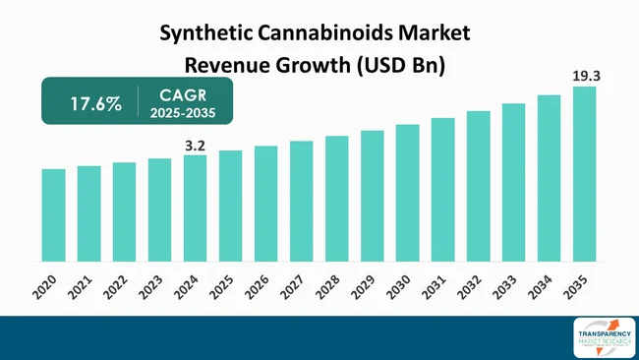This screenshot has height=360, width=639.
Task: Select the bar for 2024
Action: [x=195, y=208]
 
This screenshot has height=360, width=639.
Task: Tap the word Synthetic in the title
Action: [x=198, y=33]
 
